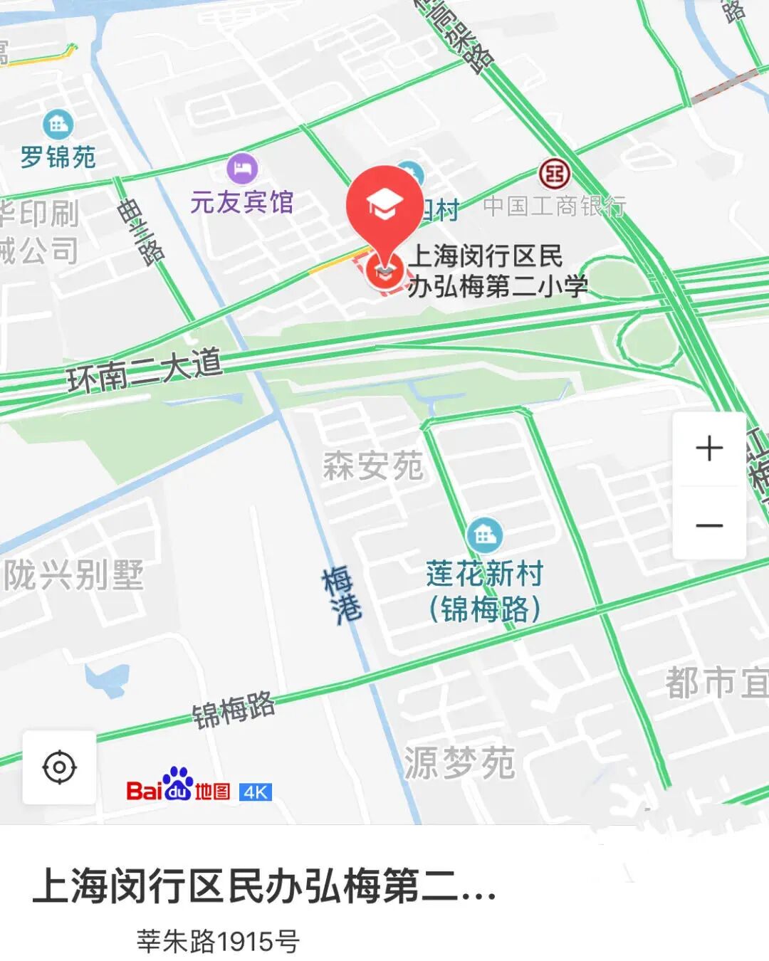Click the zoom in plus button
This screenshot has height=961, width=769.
(x=709, y=448)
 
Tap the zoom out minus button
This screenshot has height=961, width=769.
(x=709, y=525)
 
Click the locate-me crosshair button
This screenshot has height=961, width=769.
(x=59, y=767)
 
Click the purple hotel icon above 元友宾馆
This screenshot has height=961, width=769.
(x=242, y=169)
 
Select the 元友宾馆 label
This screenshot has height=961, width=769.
(x=242, y=202)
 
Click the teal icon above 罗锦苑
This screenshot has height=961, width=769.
(x=58, y=125)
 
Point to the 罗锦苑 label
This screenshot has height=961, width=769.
(x=58, y=157)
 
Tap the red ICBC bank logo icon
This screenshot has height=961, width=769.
(x=554, y=173)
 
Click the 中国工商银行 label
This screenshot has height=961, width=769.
(x=555, y=206)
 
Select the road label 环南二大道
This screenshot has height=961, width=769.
(x=145, y=371)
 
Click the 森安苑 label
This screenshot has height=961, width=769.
(x=373, y=466)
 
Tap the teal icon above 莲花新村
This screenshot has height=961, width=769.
(x=485, y=535)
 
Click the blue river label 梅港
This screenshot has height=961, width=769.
(x=342, y=594)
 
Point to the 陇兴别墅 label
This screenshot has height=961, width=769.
(x=74, y=575)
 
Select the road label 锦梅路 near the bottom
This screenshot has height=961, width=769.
(x=234, y=710)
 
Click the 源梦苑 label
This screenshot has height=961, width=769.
(x=459, y=763)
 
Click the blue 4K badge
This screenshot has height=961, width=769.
(x=256, y=792)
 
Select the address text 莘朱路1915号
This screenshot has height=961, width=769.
(x=218, y=941)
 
